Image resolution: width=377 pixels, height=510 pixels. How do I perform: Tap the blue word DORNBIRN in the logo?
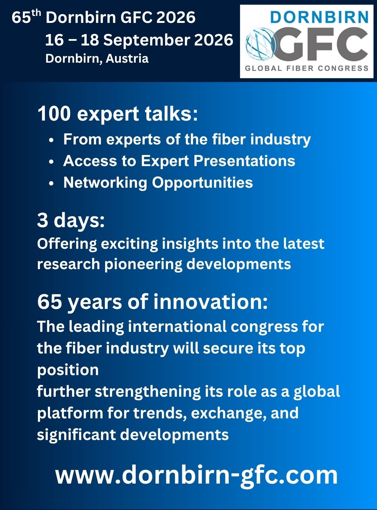[319, 17]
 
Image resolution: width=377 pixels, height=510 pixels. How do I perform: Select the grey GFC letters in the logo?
[322, 44]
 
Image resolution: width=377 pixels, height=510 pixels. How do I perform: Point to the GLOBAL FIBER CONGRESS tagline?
[307, 68]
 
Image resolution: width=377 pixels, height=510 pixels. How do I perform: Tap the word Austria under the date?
[127, 59]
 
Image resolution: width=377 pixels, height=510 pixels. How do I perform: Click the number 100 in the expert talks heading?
[54, 114]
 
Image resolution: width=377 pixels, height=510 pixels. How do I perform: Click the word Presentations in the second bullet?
[244, 161]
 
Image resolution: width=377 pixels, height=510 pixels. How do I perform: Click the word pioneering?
[143, 264]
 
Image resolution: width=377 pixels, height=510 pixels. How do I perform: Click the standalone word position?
[68, 371]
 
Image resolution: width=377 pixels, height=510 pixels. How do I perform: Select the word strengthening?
[148, 392]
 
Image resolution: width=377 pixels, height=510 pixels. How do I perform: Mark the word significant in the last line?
[76, 435]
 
